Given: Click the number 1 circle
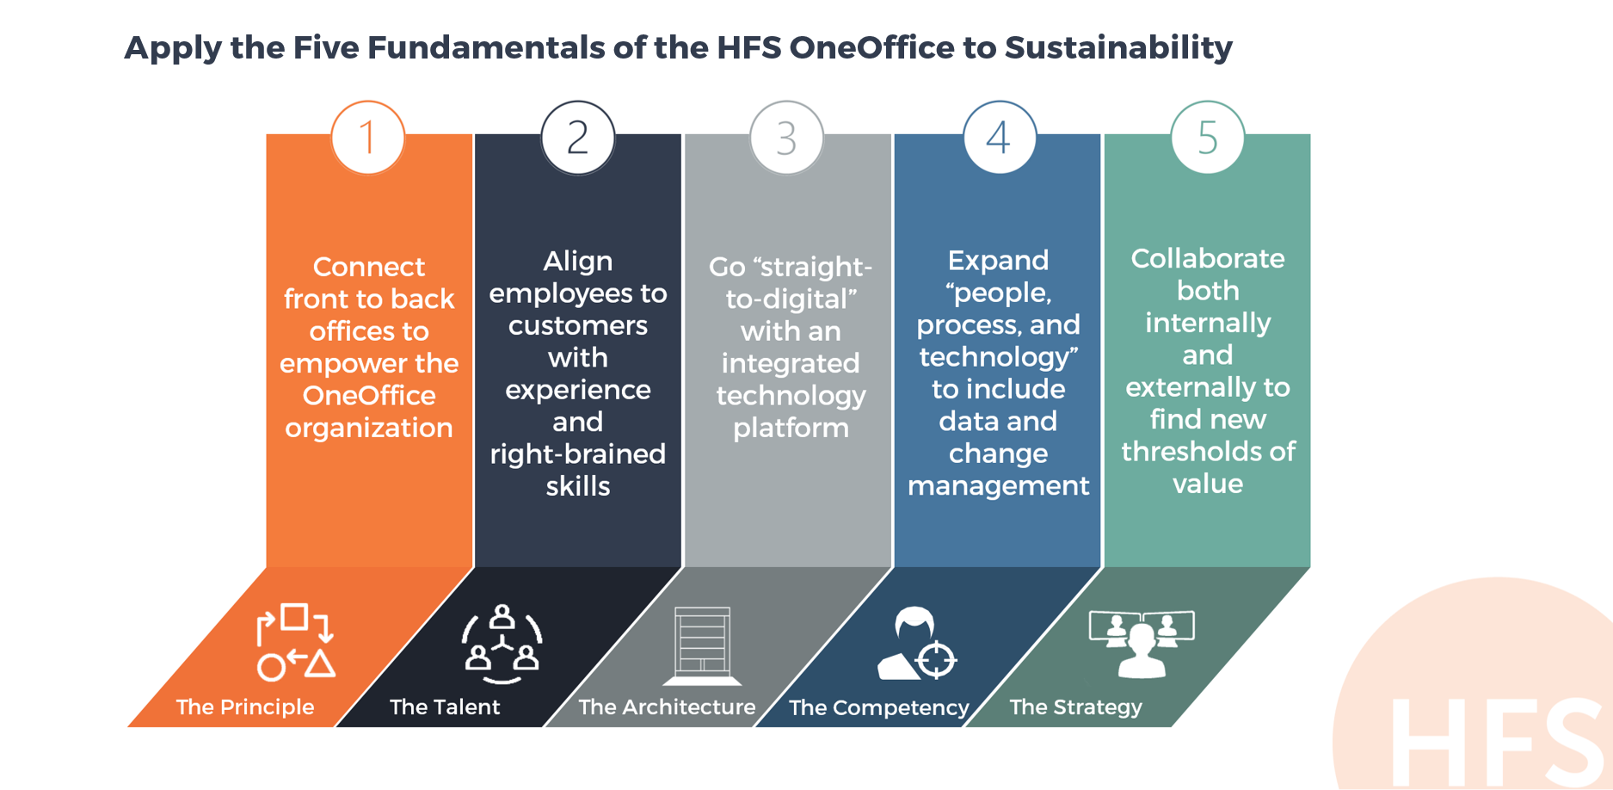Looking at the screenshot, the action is pos(368,138).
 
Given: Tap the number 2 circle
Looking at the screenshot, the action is pos(578,138).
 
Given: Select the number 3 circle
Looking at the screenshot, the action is pos(787,138).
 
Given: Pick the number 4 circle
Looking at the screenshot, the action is pos(999,138).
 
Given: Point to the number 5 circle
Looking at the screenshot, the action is pos(1208,138).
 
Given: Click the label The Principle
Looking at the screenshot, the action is pos(245,707).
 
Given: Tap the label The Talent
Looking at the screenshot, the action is pos(445,707).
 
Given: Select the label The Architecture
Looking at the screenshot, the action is pos(667,707).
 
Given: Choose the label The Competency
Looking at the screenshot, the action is pos(879,708).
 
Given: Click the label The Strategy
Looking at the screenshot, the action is pos(1076,707).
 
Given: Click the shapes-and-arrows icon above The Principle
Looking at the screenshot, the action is pos(295,643).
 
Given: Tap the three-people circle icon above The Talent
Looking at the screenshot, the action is pos(502,645).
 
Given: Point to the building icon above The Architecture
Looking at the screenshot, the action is pos(702,645).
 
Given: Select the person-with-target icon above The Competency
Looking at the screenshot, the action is pos(917,644).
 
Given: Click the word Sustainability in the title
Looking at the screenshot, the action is pos(1118,48).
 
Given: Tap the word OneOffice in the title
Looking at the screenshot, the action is pos(871,47).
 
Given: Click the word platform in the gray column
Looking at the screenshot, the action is pos(791,428).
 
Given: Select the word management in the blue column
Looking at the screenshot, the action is pos(999,486).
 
